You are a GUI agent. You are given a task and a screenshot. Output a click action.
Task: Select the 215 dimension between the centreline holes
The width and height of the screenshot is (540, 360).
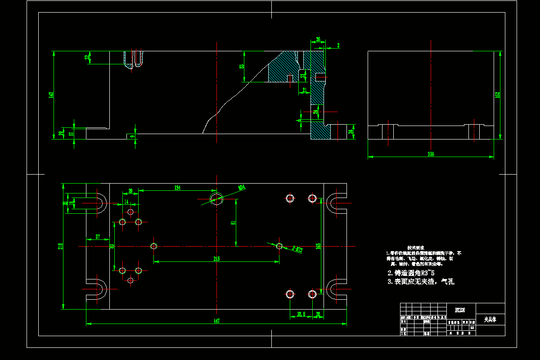click(x=216, y=259)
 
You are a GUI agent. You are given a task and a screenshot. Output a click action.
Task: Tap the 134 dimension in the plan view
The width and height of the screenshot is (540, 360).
click(x=178, y=188)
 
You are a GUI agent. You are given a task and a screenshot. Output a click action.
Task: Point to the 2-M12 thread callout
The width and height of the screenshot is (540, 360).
click(x=297, y=248)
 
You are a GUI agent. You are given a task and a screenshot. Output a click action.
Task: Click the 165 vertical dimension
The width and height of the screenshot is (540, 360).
click(x=318, y=246)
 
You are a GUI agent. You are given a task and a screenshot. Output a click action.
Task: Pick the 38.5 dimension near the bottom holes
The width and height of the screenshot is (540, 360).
click(x=301, y=314)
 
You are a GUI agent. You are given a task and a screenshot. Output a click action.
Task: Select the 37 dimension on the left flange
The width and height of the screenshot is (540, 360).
click(x=97, y=237)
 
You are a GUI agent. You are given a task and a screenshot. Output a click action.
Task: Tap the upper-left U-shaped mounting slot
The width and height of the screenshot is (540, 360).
click(x=95, y=203)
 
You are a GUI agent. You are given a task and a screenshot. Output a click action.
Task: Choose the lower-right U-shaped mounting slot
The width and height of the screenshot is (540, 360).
click(x=337, y=289)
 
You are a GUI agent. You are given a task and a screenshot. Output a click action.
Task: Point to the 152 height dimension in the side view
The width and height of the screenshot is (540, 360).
click(x=497, y=94)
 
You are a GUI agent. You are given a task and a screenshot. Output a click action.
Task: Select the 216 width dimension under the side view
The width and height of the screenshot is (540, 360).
click(x=431, y=154)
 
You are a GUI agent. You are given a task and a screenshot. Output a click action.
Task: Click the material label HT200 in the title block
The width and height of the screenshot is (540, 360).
click(x=460, y=310)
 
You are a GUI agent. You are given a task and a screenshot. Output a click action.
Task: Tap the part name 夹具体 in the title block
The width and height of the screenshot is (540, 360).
click(x=490, y=320)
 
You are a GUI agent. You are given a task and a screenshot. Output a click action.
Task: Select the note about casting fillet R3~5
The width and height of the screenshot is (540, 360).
click(x=411, y=273)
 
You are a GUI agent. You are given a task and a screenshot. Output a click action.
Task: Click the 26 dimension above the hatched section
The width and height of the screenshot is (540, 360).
click(x=318, y=40)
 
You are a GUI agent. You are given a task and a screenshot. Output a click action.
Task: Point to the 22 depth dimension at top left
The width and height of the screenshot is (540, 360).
click(x=87, y=58)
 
